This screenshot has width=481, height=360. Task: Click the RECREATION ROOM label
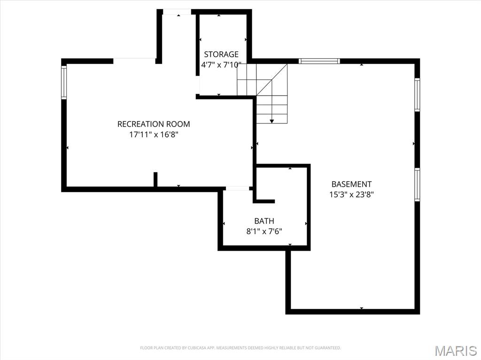pos(154,124)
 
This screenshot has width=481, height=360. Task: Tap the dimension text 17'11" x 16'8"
pos(154,134)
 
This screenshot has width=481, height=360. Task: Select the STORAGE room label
pos(221,54)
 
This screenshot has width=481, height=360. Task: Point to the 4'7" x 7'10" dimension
pos(221,65)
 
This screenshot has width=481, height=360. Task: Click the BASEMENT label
pos(351,184)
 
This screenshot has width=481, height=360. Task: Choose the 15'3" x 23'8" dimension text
pos(351,194)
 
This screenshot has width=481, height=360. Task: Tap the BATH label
pos(264,221)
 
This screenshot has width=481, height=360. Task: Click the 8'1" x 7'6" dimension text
pos(264,231)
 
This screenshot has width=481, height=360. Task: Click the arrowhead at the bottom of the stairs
pos(272,121)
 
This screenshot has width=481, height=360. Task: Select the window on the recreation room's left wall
pos(64,82)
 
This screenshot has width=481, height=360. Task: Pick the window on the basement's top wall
pos(319,61)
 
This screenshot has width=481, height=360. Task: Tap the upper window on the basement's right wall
pos(417,95)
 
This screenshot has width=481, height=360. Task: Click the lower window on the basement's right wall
pos(417,184)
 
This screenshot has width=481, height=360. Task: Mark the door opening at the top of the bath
pos(237,188)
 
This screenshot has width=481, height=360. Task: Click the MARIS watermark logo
pos(456,350)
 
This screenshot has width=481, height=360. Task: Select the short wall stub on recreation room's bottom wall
pos(155,179)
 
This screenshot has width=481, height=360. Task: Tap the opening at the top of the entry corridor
pos(177,12)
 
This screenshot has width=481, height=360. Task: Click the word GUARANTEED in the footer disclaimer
pos(329,348)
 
